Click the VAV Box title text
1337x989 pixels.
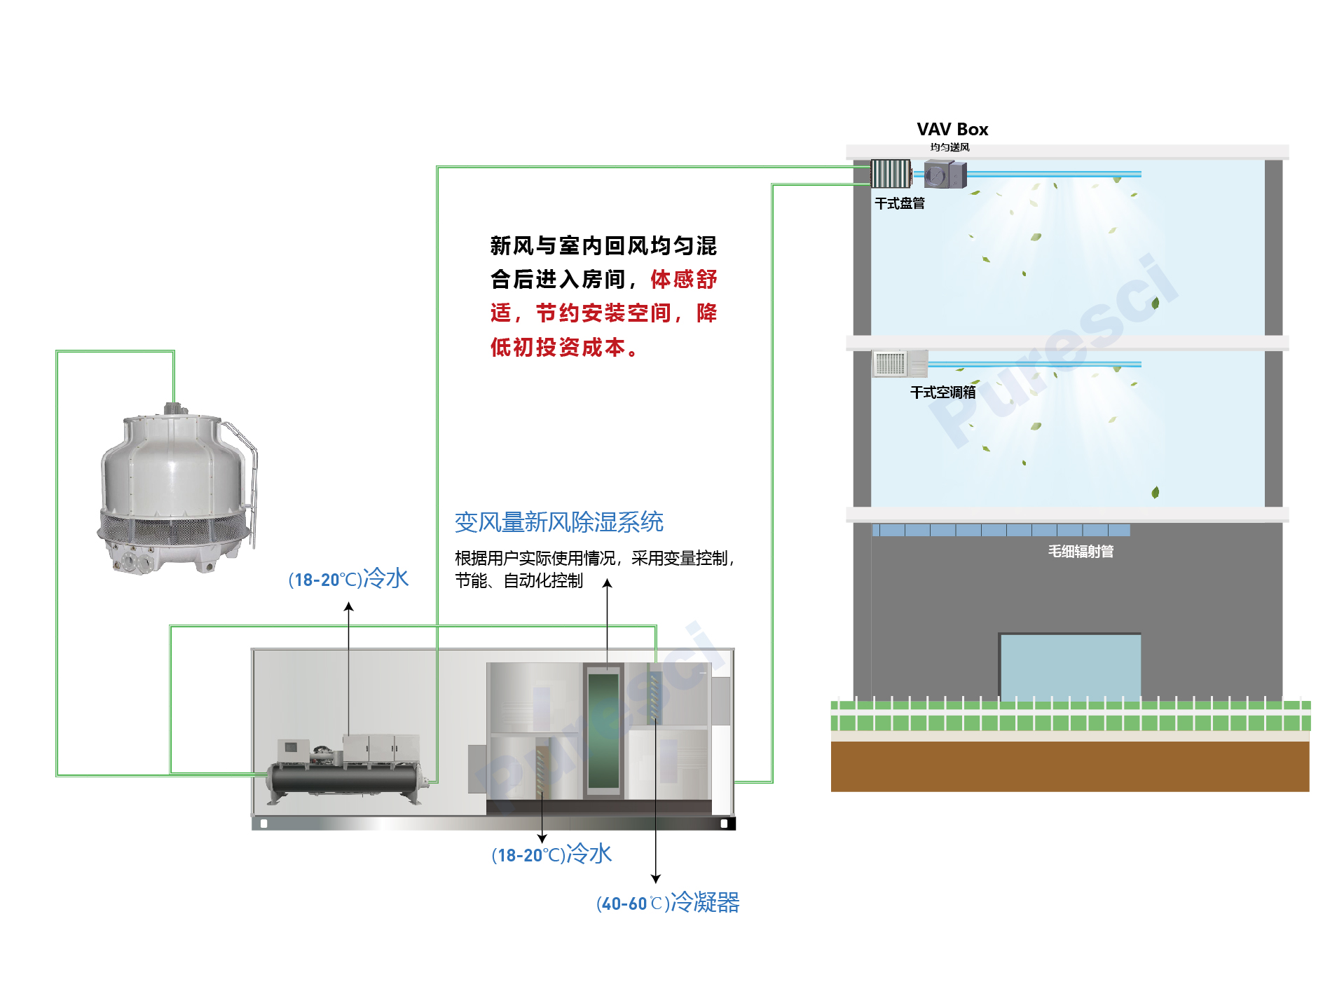pyautogui.click(x=952, y=130)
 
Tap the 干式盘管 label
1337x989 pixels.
pyautogui.click(x=899, y=203)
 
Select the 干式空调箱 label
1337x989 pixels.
pyautogui.click(x=942, y=393)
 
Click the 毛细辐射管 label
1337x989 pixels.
pyautogui.click(x=1080, y=552)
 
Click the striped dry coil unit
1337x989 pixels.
pyautogui.click(x=890, y=174)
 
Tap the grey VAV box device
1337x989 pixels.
pyautogui.click(x=944, y=175)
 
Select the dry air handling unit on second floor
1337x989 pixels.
pyautogui.click(x=899, y=364)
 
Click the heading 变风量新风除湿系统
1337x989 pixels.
pyautogui.click(x=558, y=522)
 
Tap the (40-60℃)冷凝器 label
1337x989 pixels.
pyautogui.click(x=667, y=903)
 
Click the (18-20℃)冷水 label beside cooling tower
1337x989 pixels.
pyautogui.click(x=348, y=579)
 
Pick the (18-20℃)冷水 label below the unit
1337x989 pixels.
pyautogui.click(x=551, y=854)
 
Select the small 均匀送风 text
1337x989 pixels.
pyautogui.click(x=949, y=147)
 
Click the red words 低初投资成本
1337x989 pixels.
pyautogui.click(x=558, y=347)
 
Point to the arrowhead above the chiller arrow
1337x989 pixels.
pyautogui.click(x=348, y=607)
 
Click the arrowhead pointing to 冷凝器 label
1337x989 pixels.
pyautogui.click(x=655, y=879)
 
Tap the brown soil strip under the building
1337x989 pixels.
pyautogui.click(x=1069, y=766)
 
